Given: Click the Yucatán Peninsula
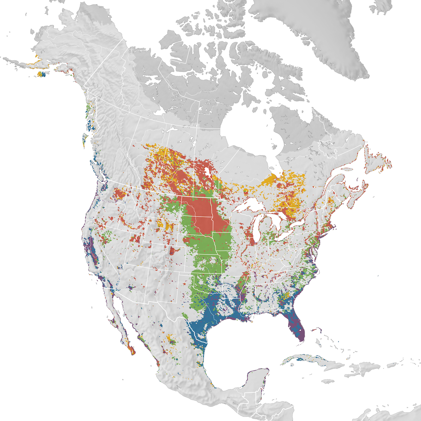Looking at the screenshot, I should pyautogui.click(x=258, y=381).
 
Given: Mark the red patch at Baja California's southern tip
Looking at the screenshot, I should pyautogui.click(x=131, y=350).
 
